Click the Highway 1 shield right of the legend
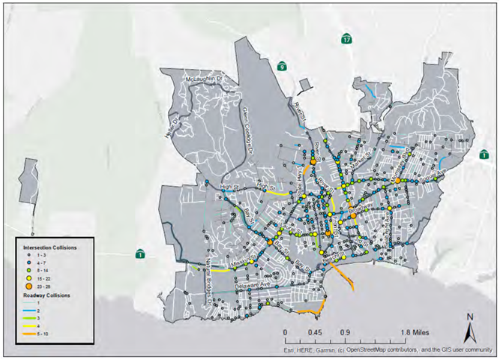point(140,253)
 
